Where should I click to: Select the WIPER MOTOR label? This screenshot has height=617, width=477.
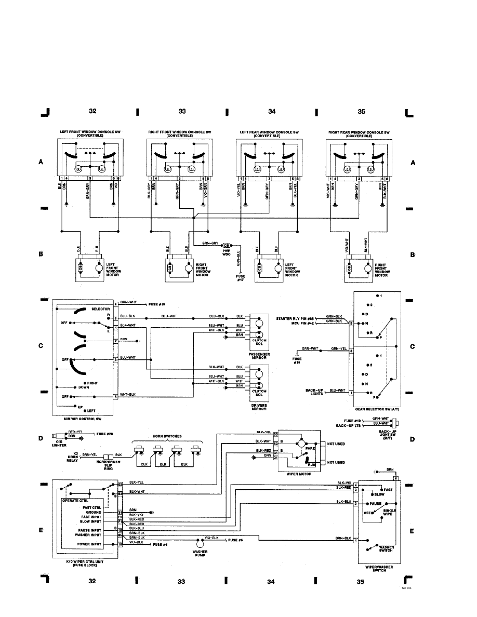298,474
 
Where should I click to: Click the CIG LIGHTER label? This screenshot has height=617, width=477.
60,443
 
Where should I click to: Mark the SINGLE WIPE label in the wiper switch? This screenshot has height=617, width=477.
390,513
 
